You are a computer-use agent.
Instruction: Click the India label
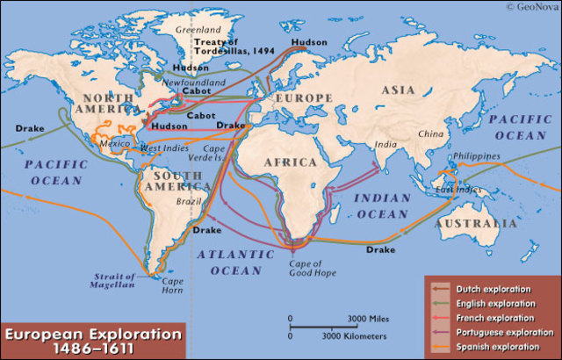point(384,145)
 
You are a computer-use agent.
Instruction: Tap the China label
point(430,133)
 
